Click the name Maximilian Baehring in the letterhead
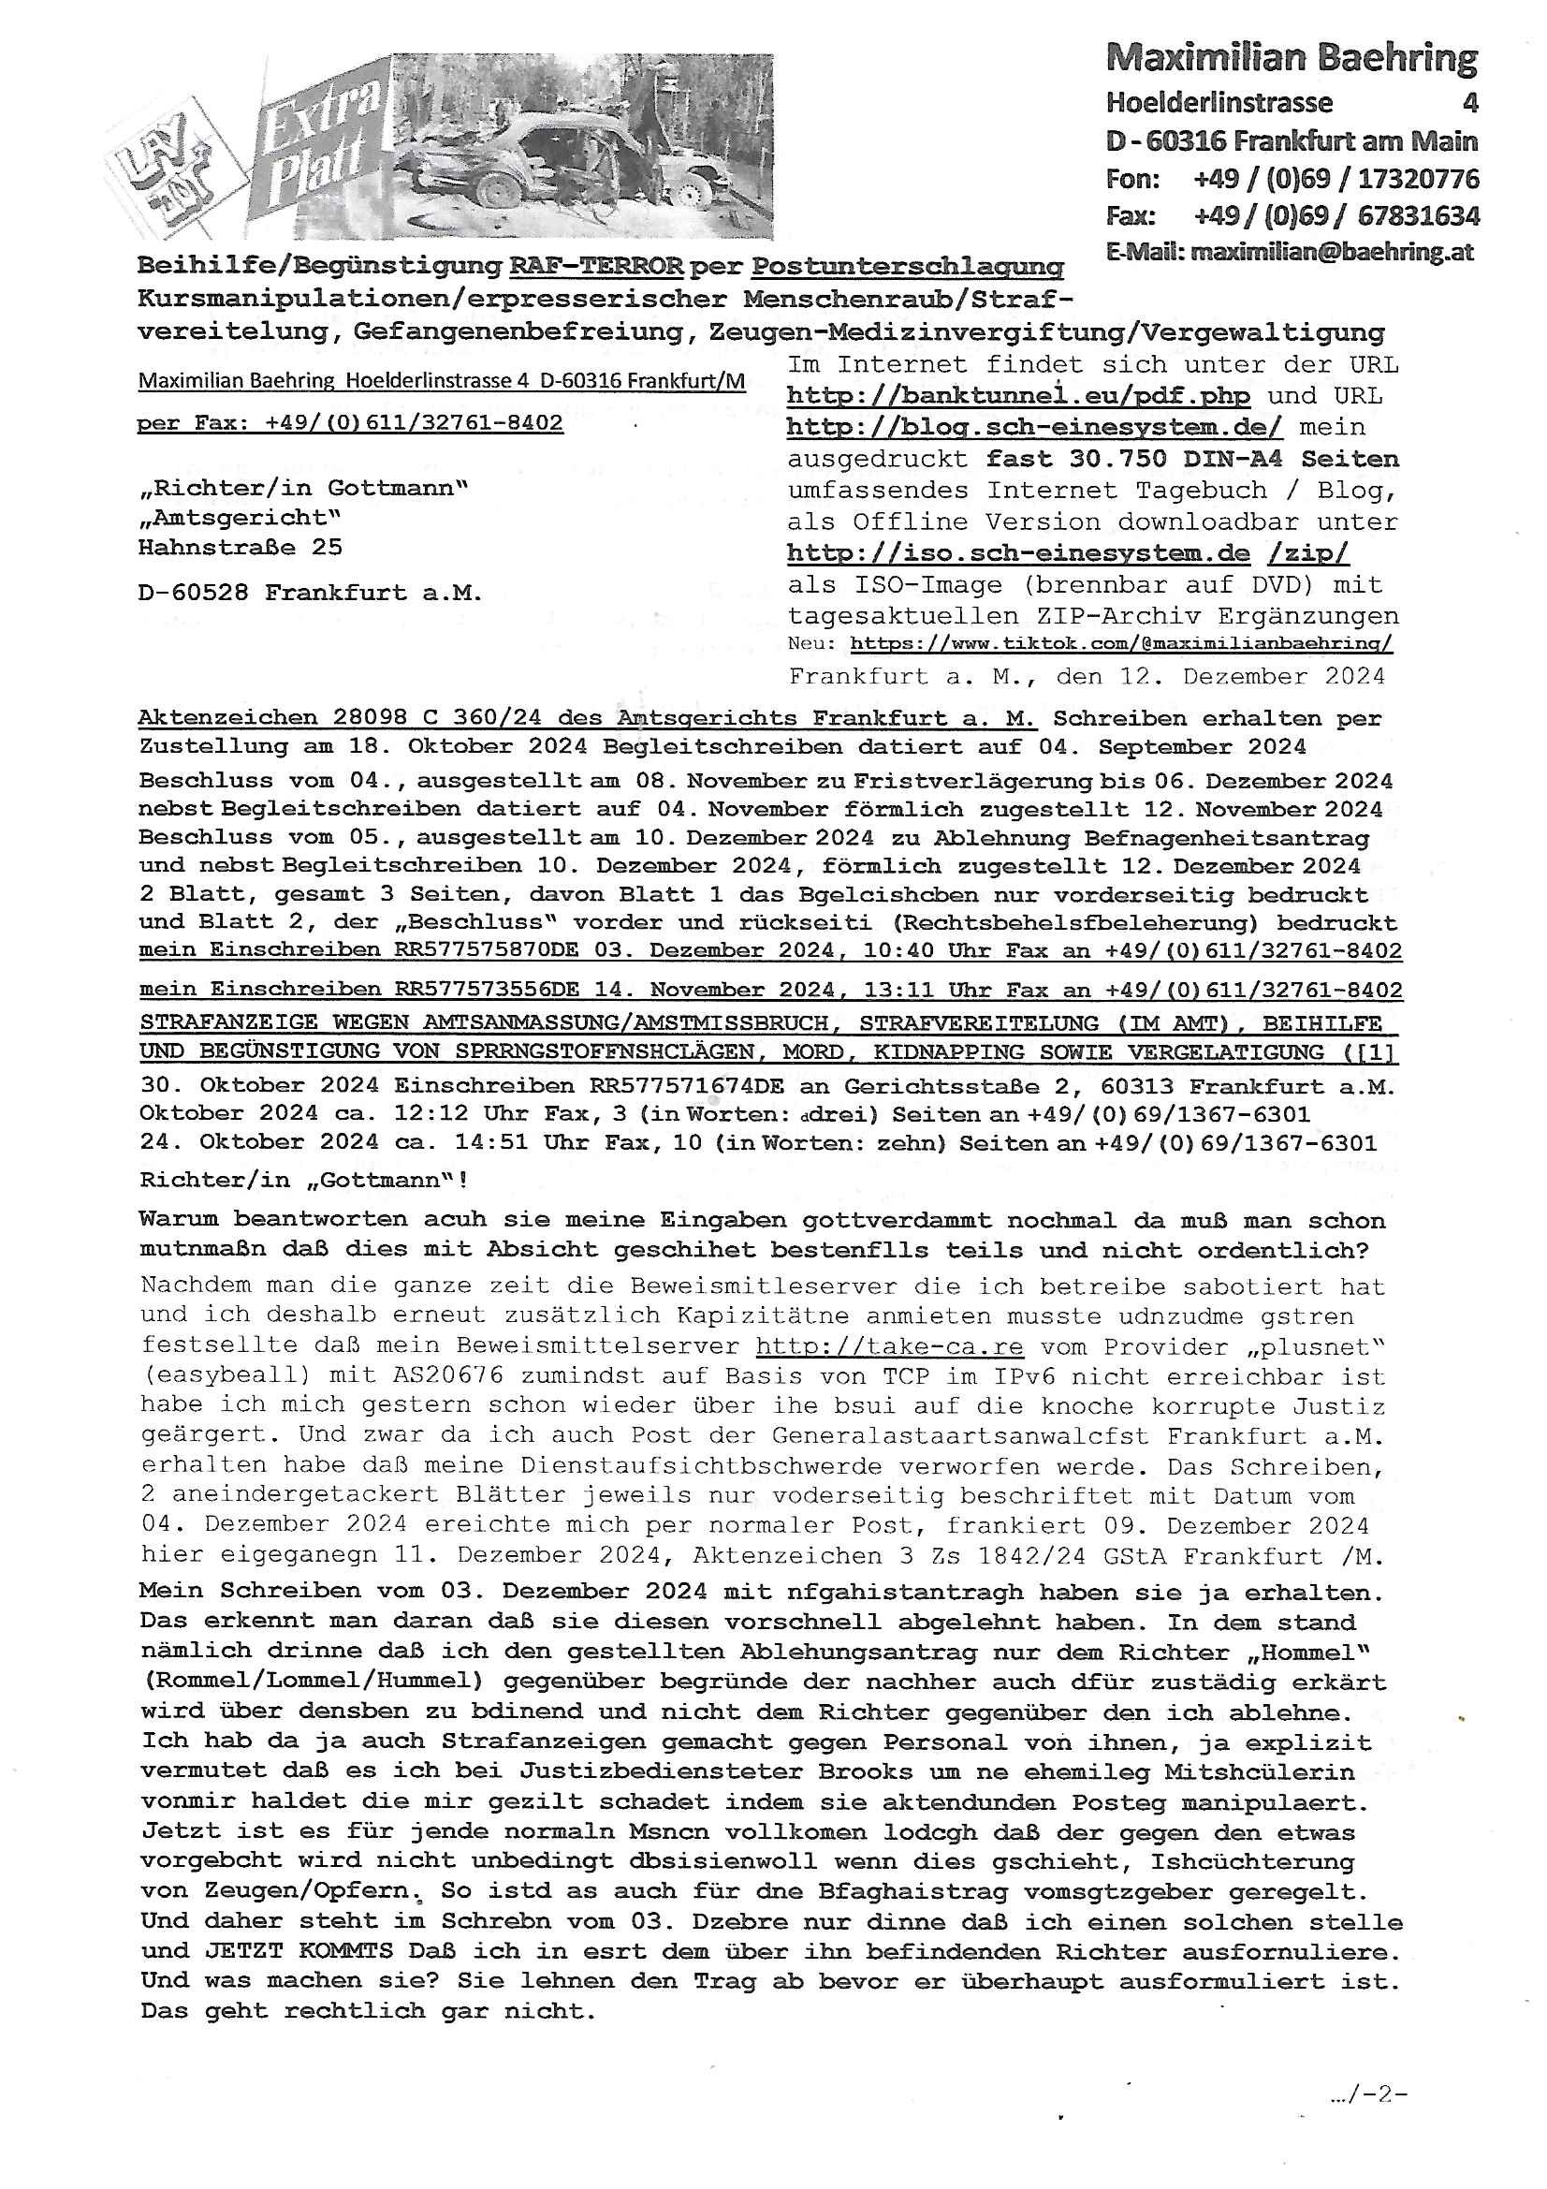pos(1292,59)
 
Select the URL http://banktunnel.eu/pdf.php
pos(1018,396)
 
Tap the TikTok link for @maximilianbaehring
pos(1121,643)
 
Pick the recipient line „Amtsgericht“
pos(240,518)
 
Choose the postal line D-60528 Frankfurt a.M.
pos(311,593)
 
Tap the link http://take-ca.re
pos(889,1347)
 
